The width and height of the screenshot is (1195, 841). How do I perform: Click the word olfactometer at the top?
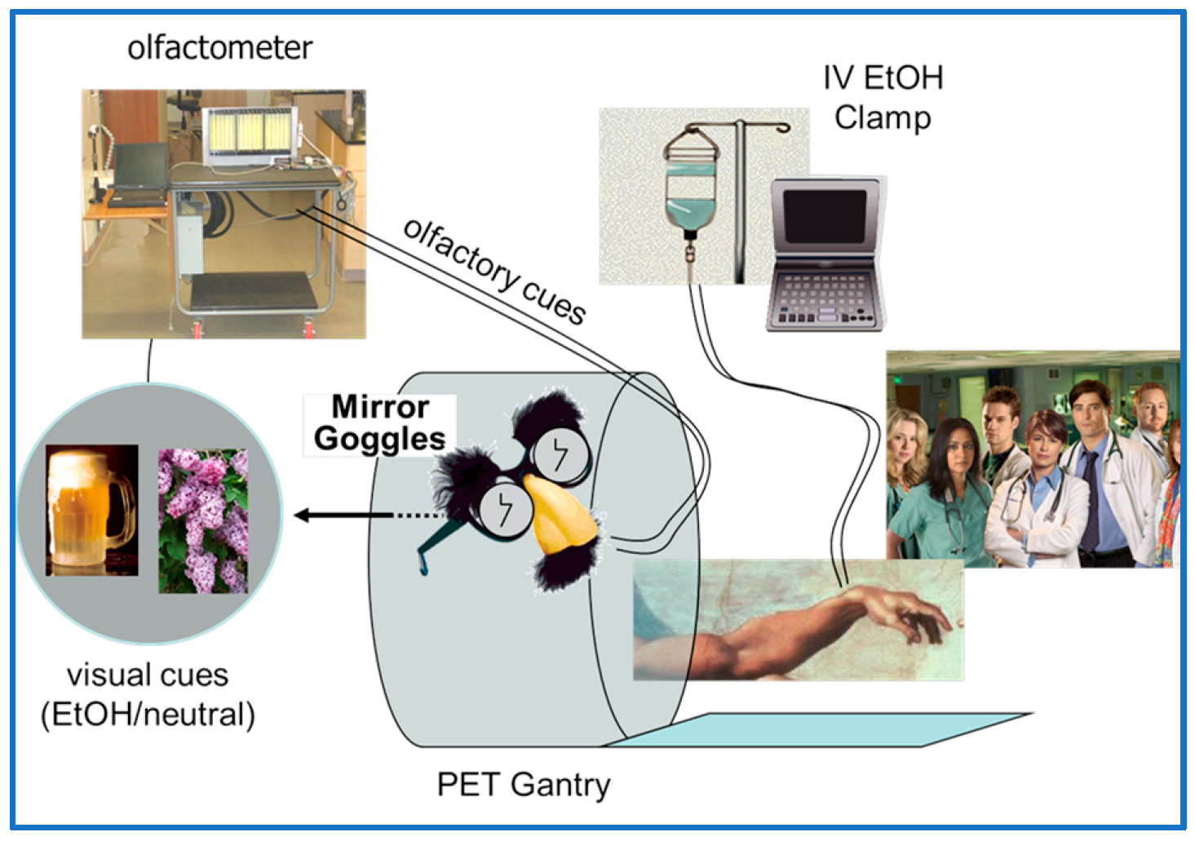[x=219, y=48]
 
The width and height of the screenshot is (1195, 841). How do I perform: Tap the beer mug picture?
[x=91, y=510]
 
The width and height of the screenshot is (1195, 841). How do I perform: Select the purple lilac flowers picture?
[x=203, y=520]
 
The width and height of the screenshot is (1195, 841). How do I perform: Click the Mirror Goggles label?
[x=379, y=423]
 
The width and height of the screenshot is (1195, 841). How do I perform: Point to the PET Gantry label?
[x=523, y=785]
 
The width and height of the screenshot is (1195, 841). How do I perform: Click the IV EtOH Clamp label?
[x=883, y=98]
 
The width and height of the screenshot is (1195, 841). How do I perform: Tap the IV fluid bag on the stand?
[x=691, y=192]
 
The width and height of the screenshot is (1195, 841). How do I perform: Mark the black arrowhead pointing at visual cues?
[x=303, y=516]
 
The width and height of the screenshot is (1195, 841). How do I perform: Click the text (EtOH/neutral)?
[x=148, y=715]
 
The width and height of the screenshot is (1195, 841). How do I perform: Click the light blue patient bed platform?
[x=816, y=729]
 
